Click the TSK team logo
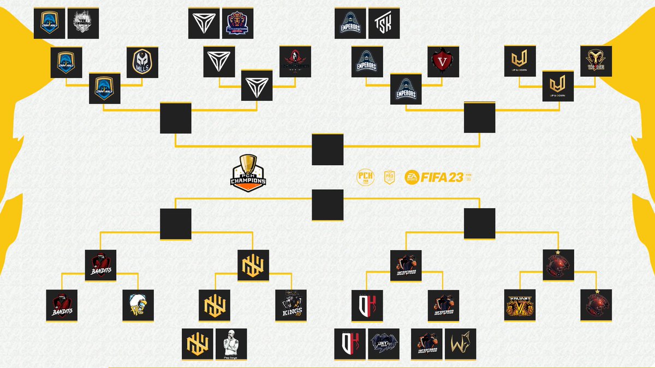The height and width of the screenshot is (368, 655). click(x=384, y=23)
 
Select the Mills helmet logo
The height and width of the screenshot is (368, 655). click(x=142, y=62)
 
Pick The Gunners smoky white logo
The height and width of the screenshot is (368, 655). click(x=82, y=23)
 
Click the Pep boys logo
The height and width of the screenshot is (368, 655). click(x=231, y=344)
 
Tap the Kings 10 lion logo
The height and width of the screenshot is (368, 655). click(x=290, y=305)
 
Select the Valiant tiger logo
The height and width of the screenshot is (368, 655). click(x=520, y=305)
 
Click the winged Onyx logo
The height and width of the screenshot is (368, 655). click(x=384, y=344)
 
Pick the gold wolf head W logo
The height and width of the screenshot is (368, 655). click(x=460, y=344)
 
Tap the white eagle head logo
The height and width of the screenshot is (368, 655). click(x=138, y=305)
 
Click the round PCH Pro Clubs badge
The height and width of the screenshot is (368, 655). click(x=365, y=178)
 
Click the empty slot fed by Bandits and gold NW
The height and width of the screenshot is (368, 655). click(x=176, y=224)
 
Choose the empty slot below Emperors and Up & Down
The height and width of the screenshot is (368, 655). click(x=480, y=117)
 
